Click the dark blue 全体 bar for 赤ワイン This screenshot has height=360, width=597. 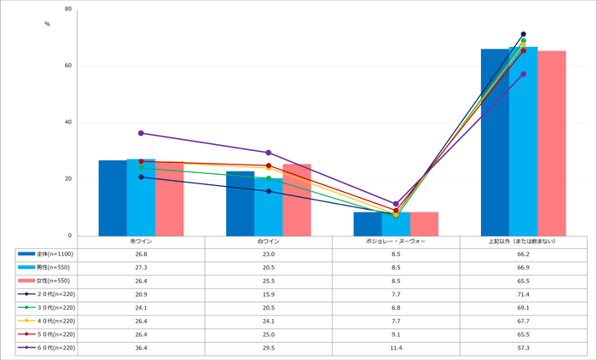113,198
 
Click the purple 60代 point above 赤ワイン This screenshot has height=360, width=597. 141,133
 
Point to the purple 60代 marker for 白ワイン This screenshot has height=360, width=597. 269,153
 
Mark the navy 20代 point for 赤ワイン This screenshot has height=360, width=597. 141,177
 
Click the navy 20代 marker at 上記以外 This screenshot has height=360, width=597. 523,34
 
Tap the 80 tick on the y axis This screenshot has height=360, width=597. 67,9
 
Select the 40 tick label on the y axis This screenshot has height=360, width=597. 67,122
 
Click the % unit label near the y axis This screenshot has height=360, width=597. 47,23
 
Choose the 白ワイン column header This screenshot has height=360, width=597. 269,241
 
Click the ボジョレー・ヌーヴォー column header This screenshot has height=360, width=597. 396,241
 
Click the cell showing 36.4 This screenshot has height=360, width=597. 141,348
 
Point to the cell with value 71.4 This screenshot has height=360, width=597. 523,294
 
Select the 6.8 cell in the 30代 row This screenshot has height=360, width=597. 396,306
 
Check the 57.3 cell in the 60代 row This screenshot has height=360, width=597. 523,348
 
